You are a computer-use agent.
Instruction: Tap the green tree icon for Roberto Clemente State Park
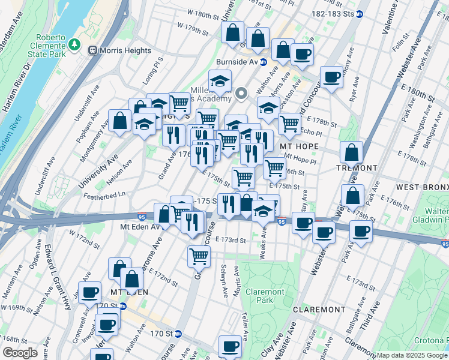point(74,44)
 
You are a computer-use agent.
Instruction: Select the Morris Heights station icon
point(93,50)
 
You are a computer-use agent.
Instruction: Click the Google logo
point(20,353)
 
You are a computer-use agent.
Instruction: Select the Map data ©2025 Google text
point(412,355)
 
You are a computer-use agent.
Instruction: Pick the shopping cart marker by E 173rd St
point(199,256)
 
